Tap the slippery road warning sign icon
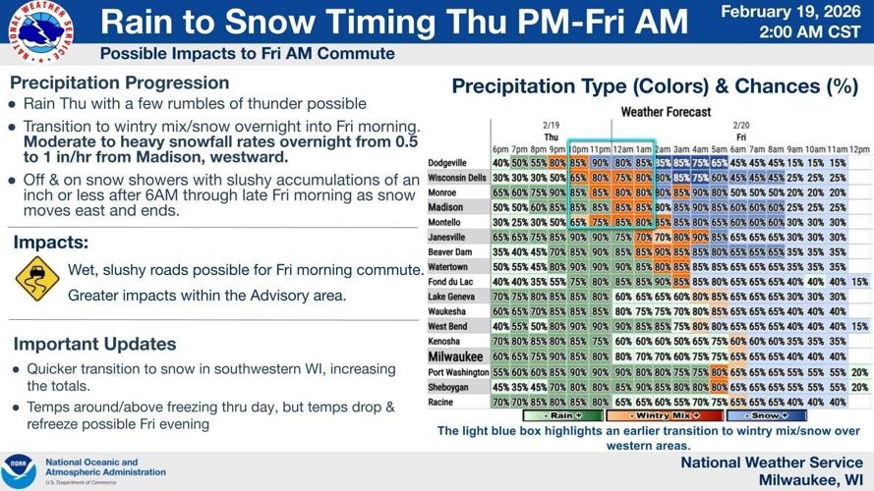tap(37, 280)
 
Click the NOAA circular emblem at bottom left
tap(19, 470)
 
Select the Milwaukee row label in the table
tap(455, 356)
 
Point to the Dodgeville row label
tap(447, 162)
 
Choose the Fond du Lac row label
tap(451, 282)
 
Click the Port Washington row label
tap(458, 372)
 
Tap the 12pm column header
tap(859, 148)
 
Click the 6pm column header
tap(500, 148)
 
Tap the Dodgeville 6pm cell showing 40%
tap(500, 162)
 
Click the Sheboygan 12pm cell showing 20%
tap(859, 387)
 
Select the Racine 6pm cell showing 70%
tap(500, 402)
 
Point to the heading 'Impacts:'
tap(51, 242)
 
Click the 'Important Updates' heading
tap(94, 344)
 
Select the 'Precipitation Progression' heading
tap(119, 82)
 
